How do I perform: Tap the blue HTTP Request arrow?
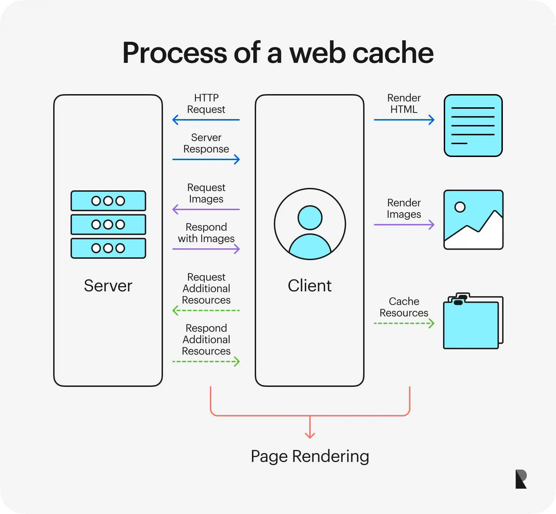206,120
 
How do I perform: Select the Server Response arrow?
206,159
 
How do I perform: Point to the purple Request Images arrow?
206,209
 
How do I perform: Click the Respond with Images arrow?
206,249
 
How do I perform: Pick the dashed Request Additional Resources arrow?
206,310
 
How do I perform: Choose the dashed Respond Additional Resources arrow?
206,362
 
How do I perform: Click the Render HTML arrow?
404,120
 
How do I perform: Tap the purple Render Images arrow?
404,225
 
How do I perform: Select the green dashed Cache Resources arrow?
404,323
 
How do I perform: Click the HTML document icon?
473,125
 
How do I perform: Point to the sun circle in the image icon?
460,207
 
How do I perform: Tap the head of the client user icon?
310,218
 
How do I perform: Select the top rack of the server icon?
108,201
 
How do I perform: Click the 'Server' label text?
108,286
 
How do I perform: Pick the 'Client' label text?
310,286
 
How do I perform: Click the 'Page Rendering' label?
310,456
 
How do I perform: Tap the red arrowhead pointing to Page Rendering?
310,436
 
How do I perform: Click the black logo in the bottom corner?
521,479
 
